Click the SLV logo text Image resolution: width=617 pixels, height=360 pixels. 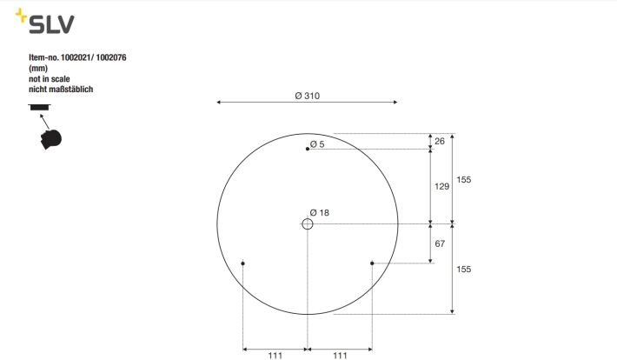[x=51, y=24]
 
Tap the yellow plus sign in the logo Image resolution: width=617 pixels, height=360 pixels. [x=21, y=16]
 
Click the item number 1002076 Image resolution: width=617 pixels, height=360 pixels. [x=111, y=57]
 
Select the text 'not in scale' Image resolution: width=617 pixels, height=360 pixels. [x=50, y=79]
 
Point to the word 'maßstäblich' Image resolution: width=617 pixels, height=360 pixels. [x=71, y=90]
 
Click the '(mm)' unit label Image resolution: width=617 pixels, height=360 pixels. [x=38, y=68]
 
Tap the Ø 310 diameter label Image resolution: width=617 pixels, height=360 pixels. [x=308, y=96]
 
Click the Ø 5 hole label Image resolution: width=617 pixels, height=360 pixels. [x=317, y=144]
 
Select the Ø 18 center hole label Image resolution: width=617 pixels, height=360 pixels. [x=320, y=213]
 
